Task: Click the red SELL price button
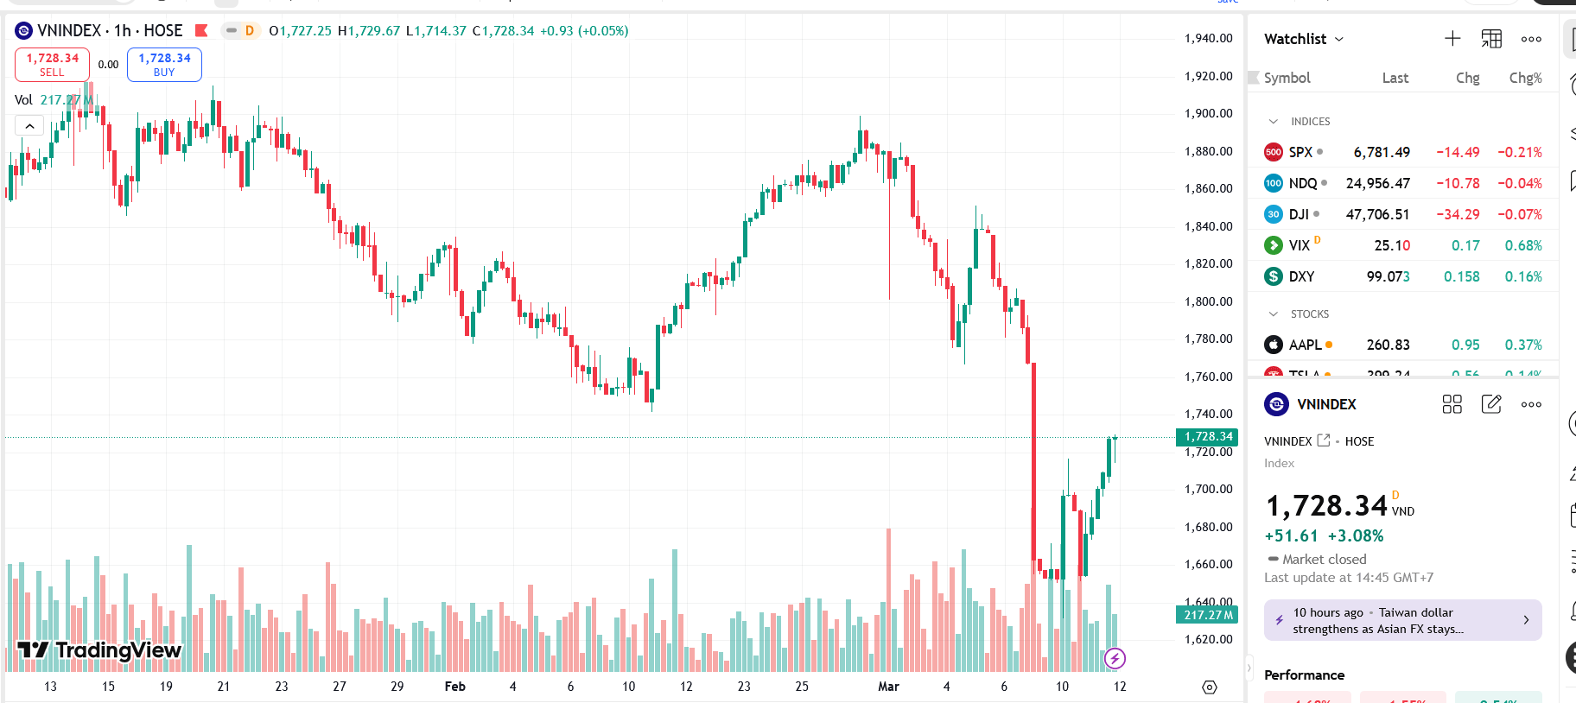tap(52, 64)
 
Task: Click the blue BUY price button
tap(164, 64)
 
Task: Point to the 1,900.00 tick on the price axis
tap(1208, 113)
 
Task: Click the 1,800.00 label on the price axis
tap(1208, 301)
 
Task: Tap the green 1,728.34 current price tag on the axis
tap(1208, 437)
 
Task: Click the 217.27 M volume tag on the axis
tap(1208, 615)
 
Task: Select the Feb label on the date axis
tap(454, 687)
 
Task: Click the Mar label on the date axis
tap(888, 687)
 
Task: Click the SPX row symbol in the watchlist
tap(1300, 152)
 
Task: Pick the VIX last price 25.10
tap(1392, 245)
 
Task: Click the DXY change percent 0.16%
tap(1523, 276)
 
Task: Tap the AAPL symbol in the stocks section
tap(1305, 345)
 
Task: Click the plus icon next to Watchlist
tap(1452, 39)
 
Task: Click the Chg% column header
tap(1525, 78)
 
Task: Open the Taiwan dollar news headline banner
tap(1402, 620)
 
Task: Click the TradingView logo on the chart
tap(99, 650)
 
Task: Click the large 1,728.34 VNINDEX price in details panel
tap(1326, 505)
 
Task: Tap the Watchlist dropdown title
tap(1303, 39)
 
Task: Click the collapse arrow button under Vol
tap(29, 126)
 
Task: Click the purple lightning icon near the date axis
tap(1115, 659)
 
